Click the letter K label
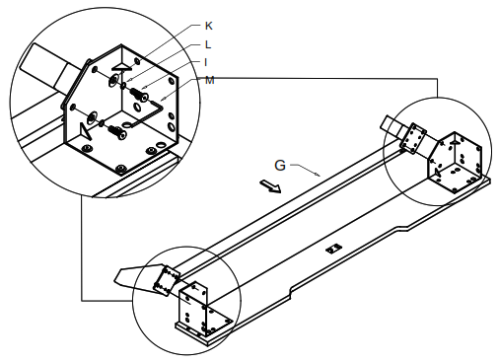point(208,26)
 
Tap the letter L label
point(208,44)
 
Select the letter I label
point(206,62)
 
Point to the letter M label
point(209,80)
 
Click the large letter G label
point(280,166)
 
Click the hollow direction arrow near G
point(270,185)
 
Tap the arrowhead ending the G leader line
point(318,175)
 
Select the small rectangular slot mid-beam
point(334,249)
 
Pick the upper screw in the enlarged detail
point(139,95)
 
